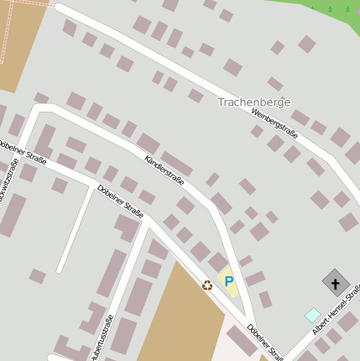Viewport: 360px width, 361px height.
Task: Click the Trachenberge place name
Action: [253, 102]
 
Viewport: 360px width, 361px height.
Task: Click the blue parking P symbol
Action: [228, 282]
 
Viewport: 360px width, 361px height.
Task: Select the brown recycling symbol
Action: [207, 285]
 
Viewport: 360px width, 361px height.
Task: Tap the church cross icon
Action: [336, 283]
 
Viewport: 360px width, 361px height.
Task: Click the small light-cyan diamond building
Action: [312, 315]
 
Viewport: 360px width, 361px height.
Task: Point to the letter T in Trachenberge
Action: [222, 102]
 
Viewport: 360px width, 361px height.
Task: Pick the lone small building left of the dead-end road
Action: [37, 275]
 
